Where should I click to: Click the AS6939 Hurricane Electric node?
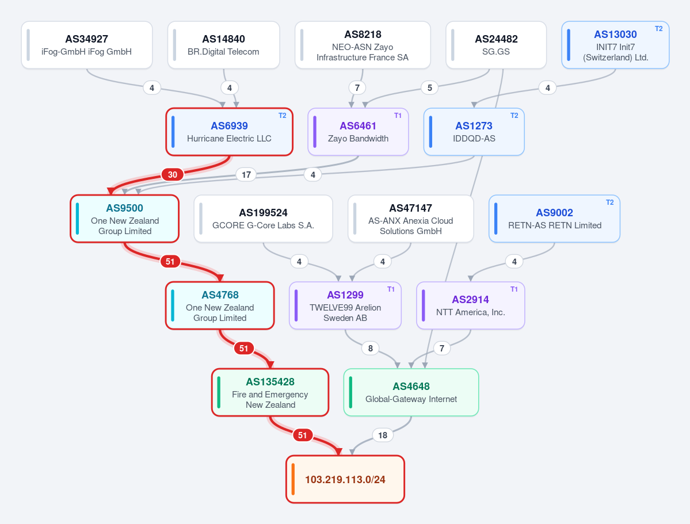(x=229, y=132)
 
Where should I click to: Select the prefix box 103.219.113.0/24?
(x=345, y=479)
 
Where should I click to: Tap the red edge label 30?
(x=173, y=175)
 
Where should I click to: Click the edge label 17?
(x=246, y=175)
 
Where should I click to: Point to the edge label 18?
(x=383, y=435)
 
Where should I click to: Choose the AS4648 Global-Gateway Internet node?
(x=411, y=392)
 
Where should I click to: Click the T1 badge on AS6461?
(x=398, y=116)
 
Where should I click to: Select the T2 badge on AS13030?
(x=659, y=29)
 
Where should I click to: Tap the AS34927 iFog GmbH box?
(x=87, y=45)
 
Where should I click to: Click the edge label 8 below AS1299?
(x=371, y=349)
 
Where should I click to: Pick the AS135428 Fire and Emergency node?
(x=270, y=392)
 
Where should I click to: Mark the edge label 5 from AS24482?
(x=430, y=87)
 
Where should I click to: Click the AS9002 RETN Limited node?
(x=554, y=219)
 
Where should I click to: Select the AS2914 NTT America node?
(x=470, y=305)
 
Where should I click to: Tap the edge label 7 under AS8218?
(x=357, y=87)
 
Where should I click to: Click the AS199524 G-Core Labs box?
(x=263, y=219)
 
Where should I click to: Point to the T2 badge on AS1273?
(x=514, y=116)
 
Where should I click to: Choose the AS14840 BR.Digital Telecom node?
(x=223, y=45)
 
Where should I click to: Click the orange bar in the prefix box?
(x=293, y=479)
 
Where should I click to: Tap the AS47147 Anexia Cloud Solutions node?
(x=410, y=219)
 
